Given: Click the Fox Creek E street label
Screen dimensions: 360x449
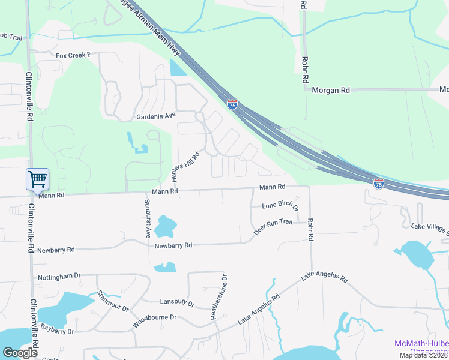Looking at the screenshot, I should click(73, 55).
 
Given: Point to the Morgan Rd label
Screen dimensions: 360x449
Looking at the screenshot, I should click(330, 90).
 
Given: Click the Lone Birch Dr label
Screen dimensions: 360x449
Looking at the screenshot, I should click(280, 206).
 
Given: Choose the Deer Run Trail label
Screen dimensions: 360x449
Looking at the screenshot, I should click(273, 226).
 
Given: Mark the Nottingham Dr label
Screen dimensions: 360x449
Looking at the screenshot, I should click(59, 276).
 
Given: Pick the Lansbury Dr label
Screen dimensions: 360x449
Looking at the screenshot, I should click(177, 303).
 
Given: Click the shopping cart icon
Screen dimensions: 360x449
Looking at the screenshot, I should click(37, 179).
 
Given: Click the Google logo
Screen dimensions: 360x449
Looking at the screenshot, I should click(20, 353).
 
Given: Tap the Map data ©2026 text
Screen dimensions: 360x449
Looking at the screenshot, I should click(424, 355).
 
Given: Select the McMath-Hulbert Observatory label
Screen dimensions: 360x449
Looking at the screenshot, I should click(421, 347).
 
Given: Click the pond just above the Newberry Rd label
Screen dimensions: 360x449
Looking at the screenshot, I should click(165, 227).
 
